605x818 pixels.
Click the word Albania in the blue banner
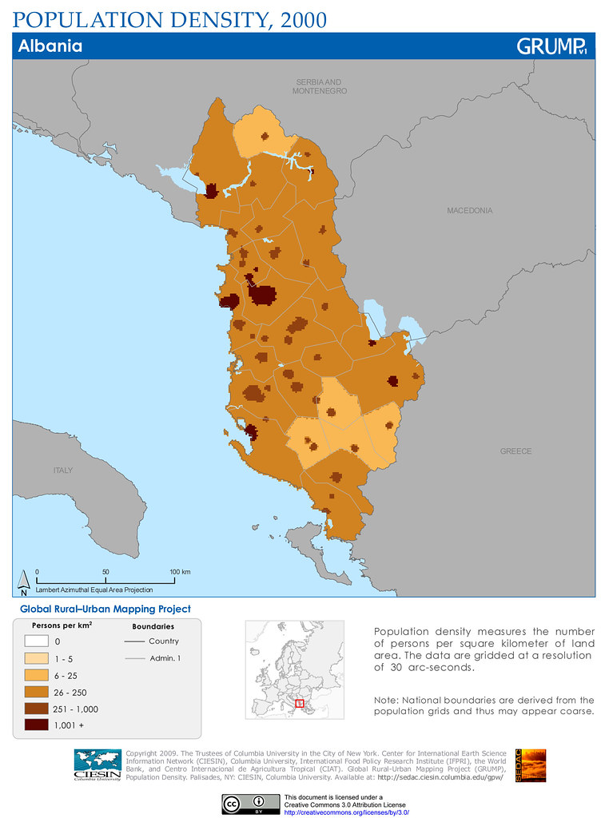pos(50,46)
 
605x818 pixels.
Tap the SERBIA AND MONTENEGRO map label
pos(320,87)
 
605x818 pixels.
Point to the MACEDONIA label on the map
pos(469,211)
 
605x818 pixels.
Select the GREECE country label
pos(515,451)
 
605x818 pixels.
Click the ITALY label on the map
pos(63,471)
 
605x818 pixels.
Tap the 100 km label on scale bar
pos(180,572)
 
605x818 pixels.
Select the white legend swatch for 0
pos(37,641)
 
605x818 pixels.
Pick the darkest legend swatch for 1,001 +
pos(37,725)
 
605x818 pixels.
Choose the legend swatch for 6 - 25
pos(37,675)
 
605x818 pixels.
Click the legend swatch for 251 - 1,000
pos(37,709)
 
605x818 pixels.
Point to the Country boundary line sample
pos(133,641)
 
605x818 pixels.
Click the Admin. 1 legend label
pos(165,658)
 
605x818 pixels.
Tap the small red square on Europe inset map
pos(300,703)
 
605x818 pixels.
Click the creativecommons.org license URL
pos(346,812)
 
